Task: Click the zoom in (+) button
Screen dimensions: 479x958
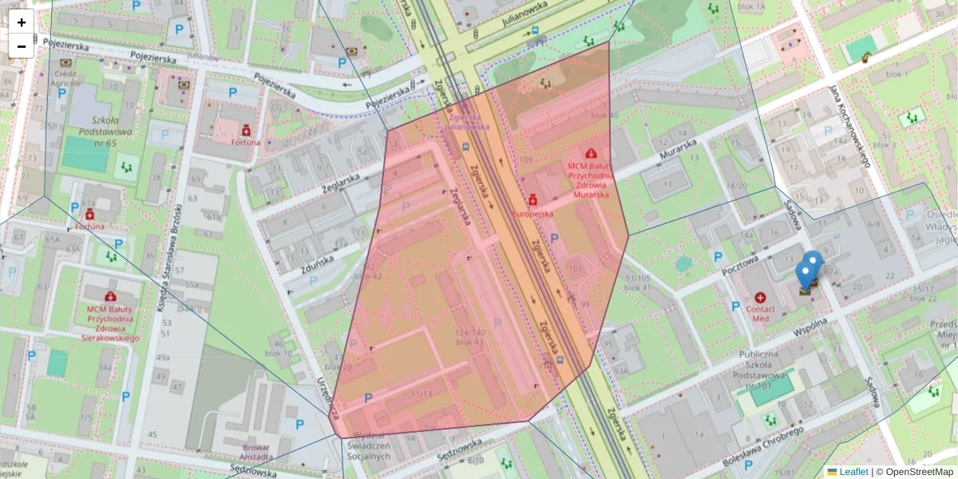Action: tap(22, 22)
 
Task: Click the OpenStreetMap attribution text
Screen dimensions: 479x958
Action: tap(918, 472)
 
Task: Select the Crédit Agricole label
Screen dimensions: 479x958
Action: tap(66, 77)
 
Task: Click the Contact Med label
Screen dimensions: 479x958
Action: tap(759, 312)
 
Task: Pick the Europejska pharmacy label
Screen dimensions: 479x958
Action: tap(532, 214)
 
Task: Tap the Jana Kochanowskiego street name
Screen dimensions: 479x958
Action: tap(849, 126)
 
